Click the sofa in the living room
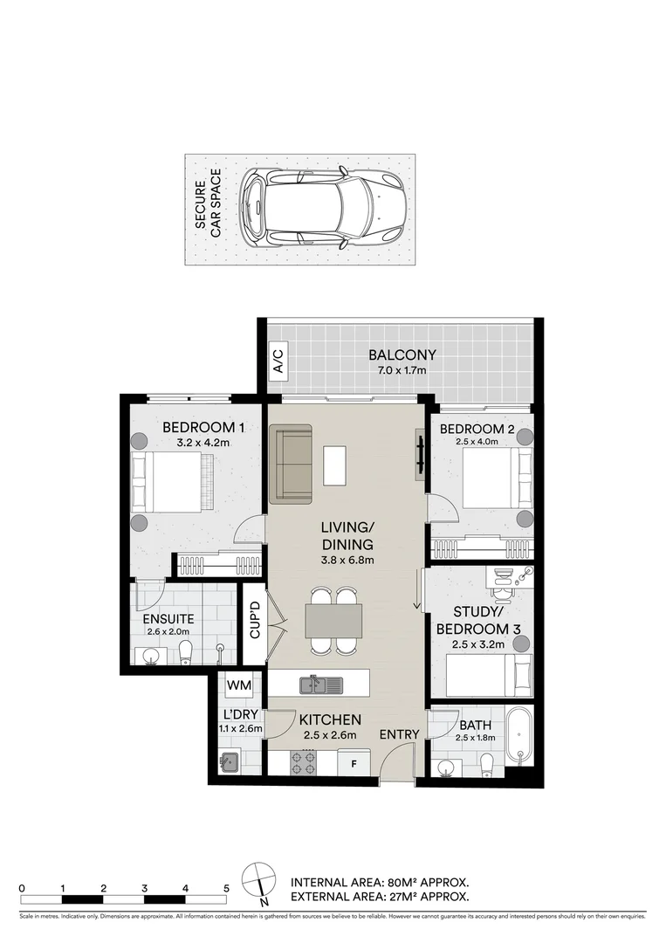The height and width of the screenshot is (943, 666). pos(291,465)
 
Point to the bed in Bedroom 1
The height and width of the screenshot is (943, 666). pos(173,483)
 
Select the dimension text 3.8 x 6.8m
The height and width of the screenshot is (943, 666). pos(347,560)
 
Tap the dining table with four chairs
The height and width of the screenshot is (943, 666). pos(333,620)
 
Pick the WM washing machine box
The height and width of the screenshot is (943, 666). pos(238,686)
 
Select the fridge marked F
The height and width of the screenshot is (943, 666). pos(354,763)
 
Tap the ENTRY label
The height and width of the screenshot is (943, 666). pos(399,734)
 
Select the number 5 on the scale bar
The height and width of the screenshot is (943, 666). pos(226,887)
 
